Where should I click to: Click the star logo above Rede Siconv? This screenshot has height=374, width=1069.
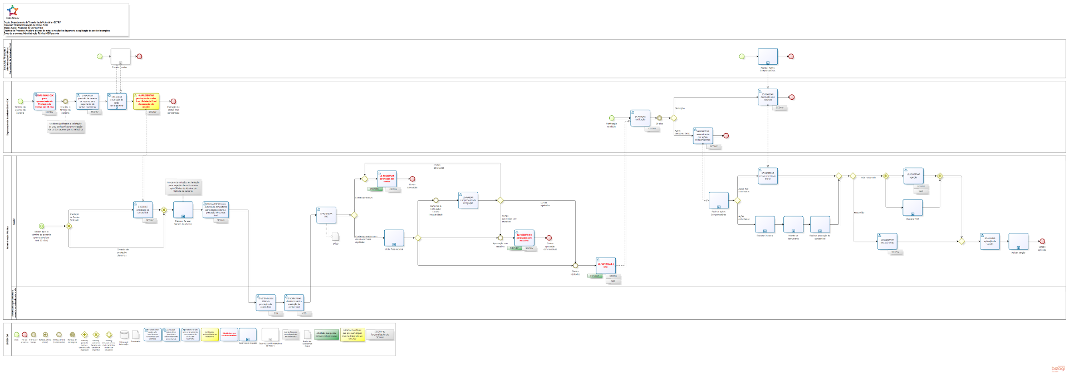point(12,11)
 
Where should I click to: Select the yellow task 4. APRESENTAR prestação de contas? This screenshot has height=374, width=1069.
point(146,101)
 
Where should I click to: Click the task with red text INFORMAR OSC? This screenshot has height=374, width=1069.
point(45,101)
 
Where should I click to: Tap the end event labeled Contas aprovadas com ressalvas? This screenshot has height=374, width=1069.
point(549,238)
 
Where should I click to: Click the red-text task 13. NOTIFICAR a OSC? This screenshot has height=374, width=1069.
point(605,265)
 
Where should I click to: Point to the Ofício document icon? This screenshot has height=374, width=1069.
point(335,236)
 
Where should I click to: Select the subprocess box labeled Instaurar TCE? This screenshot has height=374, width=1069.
point(913,208)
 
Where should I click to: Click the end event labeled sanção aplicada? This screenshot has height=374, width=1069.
point(1042,242)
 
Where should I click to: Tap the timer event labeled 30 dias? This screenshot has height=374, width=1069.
point(659,118)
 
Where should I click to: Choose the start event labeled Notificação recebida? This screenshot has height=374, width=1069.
point(611,118)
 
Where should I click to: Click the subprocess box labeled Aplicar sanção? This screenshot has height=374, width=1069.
point(1018,241)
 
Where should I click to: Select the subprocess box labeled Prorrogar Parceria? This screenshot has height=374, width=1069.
point(764,225)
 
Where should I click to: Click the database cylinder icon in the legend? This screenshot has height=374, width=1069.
point(124,335)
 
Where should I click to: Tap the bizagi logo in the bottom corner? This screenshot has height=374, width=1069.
point(1057,368)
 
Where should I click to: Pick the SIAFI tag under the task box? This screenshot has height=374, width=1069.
point(920,191)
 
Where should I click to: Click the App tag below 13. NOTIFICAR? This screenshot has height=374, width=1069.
point(613,281)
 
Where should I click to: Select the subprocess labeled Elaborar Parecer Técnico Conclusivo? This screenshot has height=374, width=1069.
point(183,210)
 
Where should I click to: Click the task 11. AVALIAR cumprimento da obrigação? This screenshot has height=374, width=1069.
point(468,200)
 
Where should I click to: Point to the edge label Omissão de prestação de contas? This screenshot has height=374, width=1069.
point(122,252)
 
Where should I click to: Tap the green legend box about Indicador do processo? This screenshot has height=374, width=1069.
point(326,334)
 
